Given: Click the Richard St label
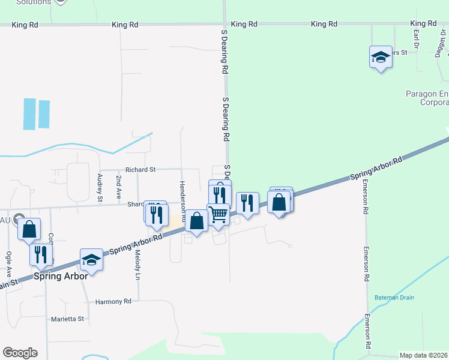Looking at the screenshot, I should [140, 170].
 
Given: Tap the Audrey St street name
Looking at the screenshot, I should [100, 187].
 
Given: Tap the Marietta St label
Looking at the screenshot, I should [67, 319].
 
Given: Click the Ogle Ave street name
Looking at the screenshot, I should [8, 263].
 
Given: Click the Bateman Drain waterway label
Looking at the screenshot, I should [394, 298].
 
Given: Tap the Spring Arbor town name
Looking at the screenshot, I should [61, 276].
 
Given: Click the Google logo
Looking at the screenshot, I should [20, 353].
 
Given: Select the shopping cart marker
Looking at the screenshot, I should [218, 214].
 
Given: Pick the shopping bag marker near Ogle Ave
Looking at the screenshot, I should [29, 229].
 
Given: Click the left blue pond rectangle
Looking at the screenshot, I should [29, 113].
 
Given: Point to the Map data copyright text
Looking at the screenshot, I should [423, 355].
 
